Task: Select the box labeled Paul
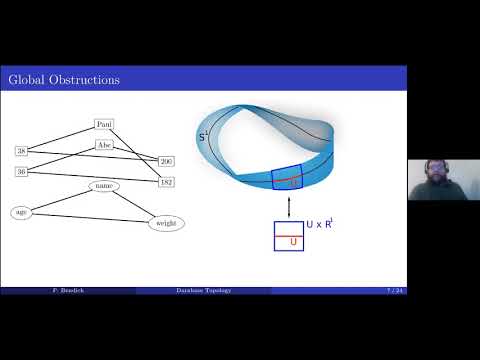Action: tap(105, 124)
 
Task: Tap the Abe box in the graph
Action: tap(105, 145)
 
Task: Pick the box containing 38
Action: tap(21, 150)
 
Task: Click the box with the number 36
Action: tap(21, 171)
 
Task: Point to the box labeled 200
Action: tap(166, 161)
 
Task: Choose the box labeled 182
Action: tap(166, 182)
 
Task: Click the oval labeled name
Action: tap(104, 186)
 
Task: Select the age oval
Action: tap(21, 212)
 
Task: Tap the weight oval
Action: tap(166, 223)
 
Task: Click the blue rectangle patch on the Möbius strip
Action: tap(288, 178)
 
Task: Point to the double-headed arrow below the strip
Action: tap(288, 206)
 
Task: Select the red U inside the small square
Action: tap(293, 241)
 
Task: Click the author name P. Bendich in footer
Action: tap(66, 290)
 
